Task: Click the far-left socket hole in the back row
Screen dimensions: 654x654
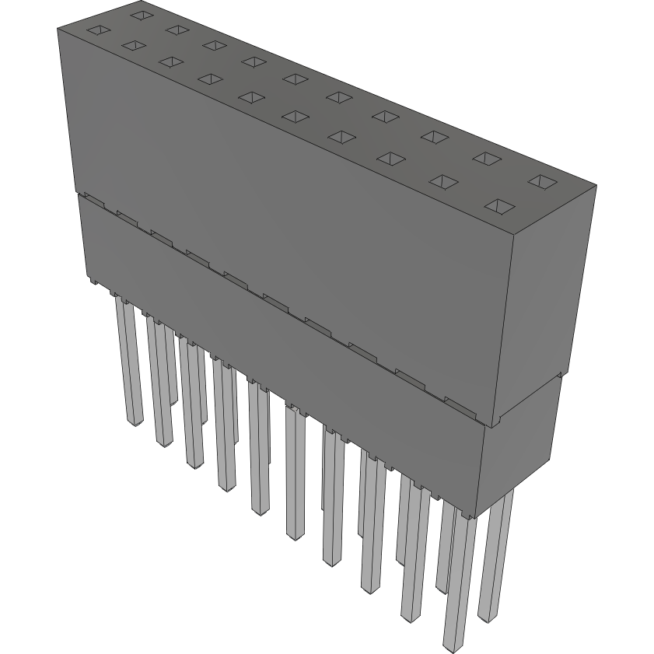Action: [x=140, y=14]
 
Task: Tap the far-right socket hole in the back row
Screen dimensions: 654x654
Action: [x=542, y=182]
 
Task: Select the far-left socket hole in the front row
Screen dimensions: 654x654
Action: [x=96, y=31]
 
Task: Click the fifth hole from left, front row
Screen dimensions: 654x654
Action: [x=249, y=96]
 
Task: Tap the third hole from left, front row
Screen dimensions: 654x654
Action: [x=169, y=61]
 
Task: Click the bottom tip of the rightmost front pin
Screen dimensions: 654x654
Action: [x=451, y=645]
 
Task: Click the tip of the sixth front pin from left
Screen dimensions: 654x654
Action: [x=296, y=534]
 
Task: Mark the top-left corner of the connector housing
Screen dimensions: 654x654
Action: [x=58, y=28]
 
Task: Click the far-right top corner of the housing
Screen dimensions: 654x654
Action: [x=596, y=186]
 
